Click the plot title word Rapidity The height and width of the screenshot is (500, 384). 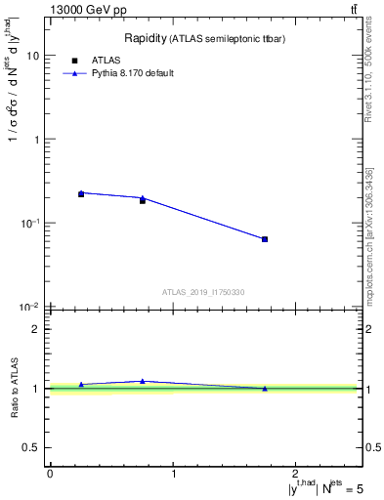click(144, 38)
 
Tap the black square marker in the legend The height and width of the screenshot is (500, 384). click(74, 60)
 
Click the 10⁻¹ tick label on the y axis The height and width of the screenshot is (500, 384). click(29, 224)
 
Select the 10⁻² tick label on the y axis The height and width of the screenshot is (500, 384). click(29, 308)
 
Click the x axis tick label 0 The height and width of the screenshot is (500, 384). click(50, 474)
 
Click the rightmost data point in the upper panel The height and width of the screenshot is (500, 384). click(265, 239)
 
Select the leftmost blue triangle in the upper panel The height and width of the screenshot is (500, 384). click(81, 192)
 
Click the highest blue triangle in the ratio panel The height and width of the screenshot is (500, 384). click(143, 381)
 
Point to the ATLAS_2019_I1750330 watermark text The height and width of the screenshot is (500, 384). click(203, 292)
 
